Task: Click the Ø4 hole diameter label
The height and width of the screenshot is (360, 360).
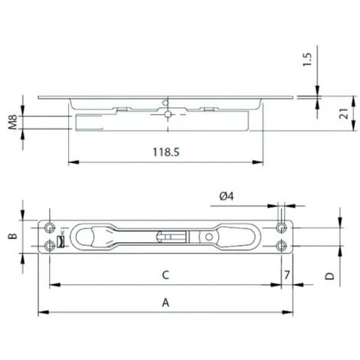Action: pos(227,197)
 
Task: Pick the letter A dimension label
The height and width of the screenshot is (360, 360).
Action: pos(165,303)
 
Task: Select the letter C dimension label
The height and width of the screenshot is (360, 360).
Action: pos(165,273)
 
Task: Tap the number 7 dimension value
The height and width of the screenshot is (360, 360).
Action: pos(286,273)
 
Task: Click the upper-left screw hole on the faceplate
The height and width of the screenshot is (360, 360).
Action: pos(50,228)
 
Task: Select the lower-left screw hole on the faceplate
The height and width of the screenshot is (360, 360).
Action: pos(50,245)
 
